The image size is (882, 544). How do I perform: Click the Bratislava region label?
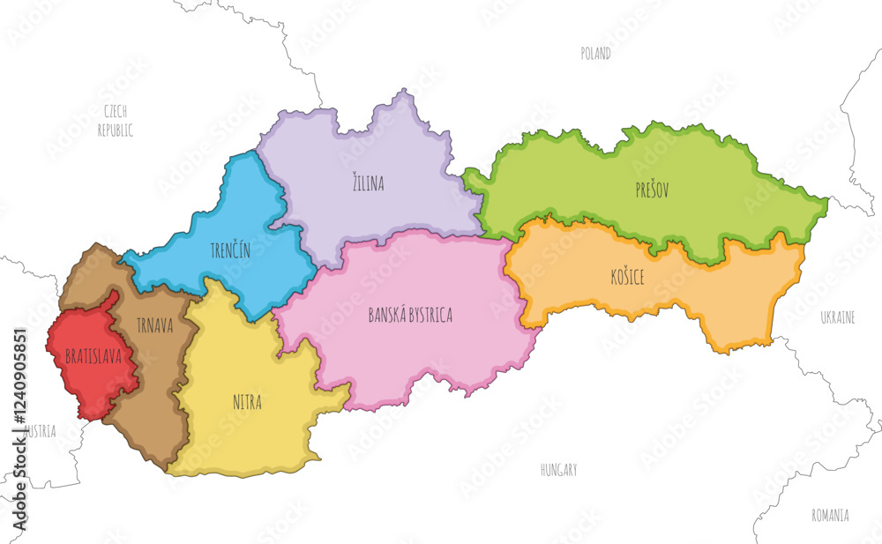pyautogui.click(x=93, y=357)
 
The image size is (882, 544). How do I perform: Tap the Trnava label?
pyautogui.click(x=155, y=326)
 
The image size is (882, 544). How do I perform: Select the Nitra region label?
pyautogui.click(x=247, y=402)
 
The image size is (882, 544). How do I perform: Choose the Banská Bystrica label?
pyautogui.click(x=410, y=315)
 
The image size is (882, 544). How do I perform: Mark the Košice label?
pyautogui.click(x=626, y=277)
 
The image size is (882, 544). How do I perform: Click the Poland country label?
pyautogui.click(x=595, y=54)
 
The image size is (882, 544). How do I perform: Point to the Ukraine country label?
pyautogui.click(x=837, y=317)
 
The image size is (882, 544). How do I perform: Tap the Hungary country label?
pyautogui.click(x=558, y=470)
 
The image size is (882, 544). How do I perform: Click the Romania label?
pyautogui.click(x=831, y=514)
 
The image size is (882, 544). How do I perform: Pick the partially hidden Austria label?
pyautogui.click(x=40, y=432)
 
